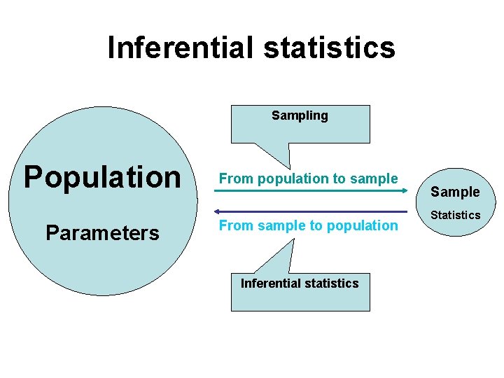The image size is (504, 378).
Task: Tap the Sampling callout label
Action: [300, 115]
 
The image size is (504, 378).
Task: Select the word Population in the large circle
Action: [102, 177]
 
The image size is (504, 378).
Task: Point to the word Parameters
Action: [102, 232]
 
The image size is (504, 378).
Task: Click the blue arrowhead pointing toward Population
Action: [217, 211]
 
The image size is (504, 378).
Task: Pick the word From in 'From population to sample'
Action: [234, 178]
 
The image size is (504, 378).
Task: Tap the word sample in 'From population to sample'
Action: [377, 178]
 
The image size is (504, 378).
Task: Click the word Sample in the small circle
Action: [455, 192]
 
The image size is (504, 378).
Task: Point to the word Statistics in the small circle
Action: [455, 215]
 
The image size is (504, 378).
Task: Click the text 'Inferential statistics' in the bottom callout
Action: [300, 283]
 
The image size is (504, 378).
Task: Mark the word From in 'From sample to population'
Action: [234, 225]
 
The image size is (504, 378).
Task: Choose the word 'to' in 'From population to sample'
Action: [342, 178]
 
